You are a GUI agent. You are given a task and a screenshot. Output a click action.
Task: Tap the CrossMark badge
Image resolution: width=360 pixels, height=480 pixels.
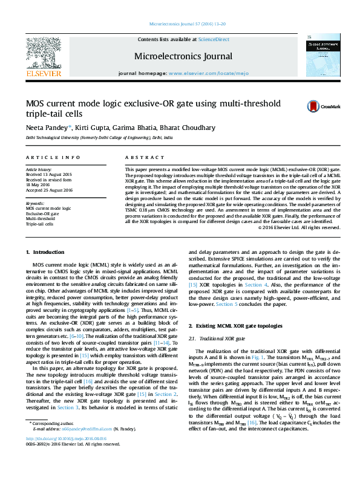point(318,107)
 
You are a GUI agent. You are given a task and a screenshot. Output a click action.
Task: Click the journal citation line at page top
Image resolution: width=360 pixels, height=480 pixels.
point(180,25)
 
